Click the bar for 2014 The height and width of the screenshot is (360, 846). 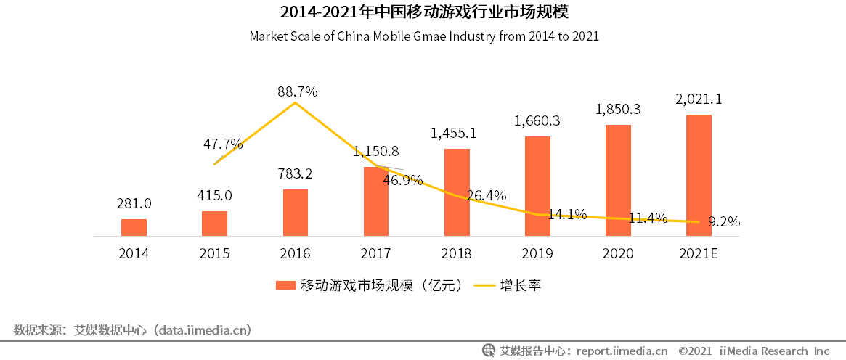[x=134, y=228]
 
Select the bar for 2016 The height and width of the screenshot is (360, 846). [x=296, y=213]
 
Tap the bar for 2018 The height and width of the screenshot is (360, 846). [x=457, y=192]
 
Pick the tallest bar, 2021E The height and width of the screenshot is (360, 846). [x=699, y=175]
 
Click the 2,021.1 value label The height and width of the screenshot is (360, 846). [x=699, y=99]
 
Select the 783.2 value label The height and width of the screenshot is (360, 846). [x=295, y=174]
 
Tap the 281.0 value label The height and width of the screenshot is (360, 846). [x=134, y=204]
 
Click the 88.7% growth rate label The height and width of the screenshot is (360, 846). [x=297, y=91]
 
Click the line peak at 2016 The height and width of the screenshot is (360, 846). [x=296, y=103]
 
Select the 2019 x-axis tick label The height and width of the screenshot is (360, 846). [x=537, y=254]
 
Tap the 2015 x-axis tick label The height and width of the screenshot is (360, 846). [x=214, y=254]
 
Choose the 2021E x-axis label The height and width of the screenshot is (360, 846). [x=699, y=254]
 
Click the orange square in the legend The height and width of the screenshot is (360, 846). [x=285, y=285]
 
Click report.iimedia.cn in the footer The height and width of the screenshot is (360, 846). [x=622, y=351]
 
